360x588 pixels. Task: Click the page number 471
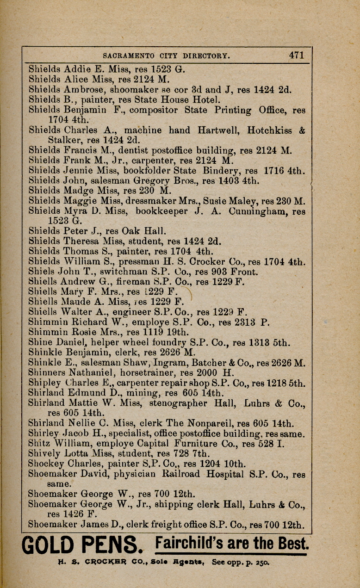click(296, 55)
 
